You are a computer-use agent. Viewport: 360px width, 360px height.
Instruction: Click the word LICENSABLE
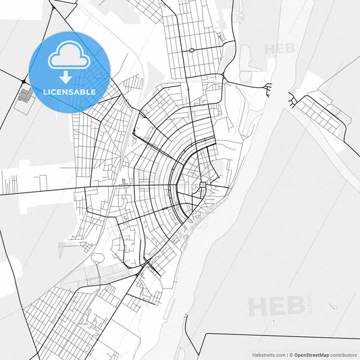[x=70, y=91]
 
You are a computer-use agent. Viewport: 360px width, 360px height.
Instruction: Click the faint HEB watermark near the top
[x=280, y=49]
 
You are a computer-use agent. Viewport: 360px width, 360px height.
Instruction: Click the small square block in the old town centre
[x=202, y=184]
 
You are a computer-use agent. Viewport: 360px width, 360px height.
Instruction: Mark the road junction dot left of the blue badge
[x=24, y=82]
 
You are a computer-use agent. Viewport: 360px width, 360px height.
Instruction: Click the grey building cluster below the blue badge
[x=26, y=97]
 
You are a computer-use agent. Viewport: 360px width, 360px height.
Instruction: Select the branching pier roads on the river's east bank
[x=293, y=101]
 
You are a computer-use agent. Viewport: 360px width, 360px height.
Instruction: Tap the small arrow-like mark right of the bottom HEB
[x=332, y=306]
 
